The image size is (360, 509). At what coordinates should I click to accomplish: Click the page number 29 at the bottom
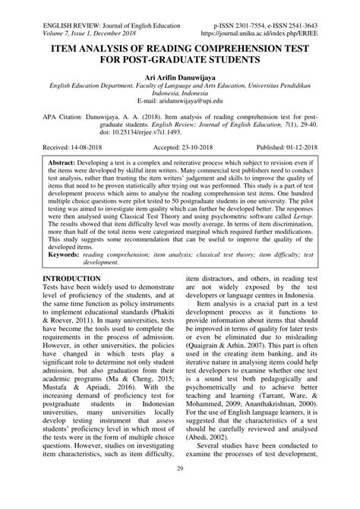pyautogui.click(x=180, y=493)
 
